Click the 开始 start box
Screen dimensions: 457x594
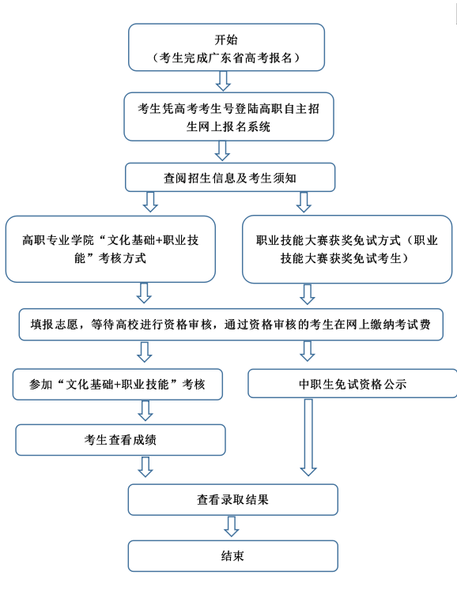click(x=226, y=47)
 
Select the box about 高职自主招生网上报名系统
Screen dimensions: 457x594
click(x=228, y=117)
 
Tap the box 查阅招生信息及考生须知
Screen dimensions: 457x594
click(x=230, y=177)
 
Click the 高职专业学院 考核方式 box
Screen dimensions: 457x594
click(x=111, y=249)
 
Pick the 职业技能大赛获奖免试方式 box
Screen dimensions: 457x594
click(x=347, y=250)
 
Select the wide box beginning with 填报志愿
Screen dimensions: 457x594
click(x=231, y=325)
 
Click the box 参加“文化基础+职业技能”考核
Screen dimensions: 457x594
click(x=118, y=384)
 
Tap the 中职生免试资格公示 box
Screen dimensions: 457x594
click(x=353, y=383)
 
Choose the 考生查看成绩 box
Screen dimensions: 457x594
click(x=121, y=439)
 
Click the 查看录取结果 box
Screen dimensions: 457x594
click(x=233, y=499)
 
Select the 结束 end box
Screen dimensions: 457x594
click(x=233, y=556)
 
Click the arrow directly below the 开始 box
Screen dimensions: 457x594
click(x=223, y=81)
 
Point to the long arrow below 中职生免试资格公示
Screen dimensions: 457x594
click(x=308, y=437)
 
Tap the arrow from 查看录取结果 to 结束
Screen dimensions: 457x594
click(x=232, y=527)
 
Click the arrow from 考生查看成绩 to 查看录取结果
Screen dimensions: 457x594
click(x=145, y=467)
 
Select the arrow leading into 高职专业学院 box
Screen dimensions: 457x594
click(x=150, y=202)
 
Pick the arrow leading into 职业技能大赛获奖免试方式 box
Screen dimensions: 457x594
click(x=304, y=202)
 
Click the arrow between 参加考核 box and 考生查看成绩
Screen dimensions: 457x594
click(x=145, y=411)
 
